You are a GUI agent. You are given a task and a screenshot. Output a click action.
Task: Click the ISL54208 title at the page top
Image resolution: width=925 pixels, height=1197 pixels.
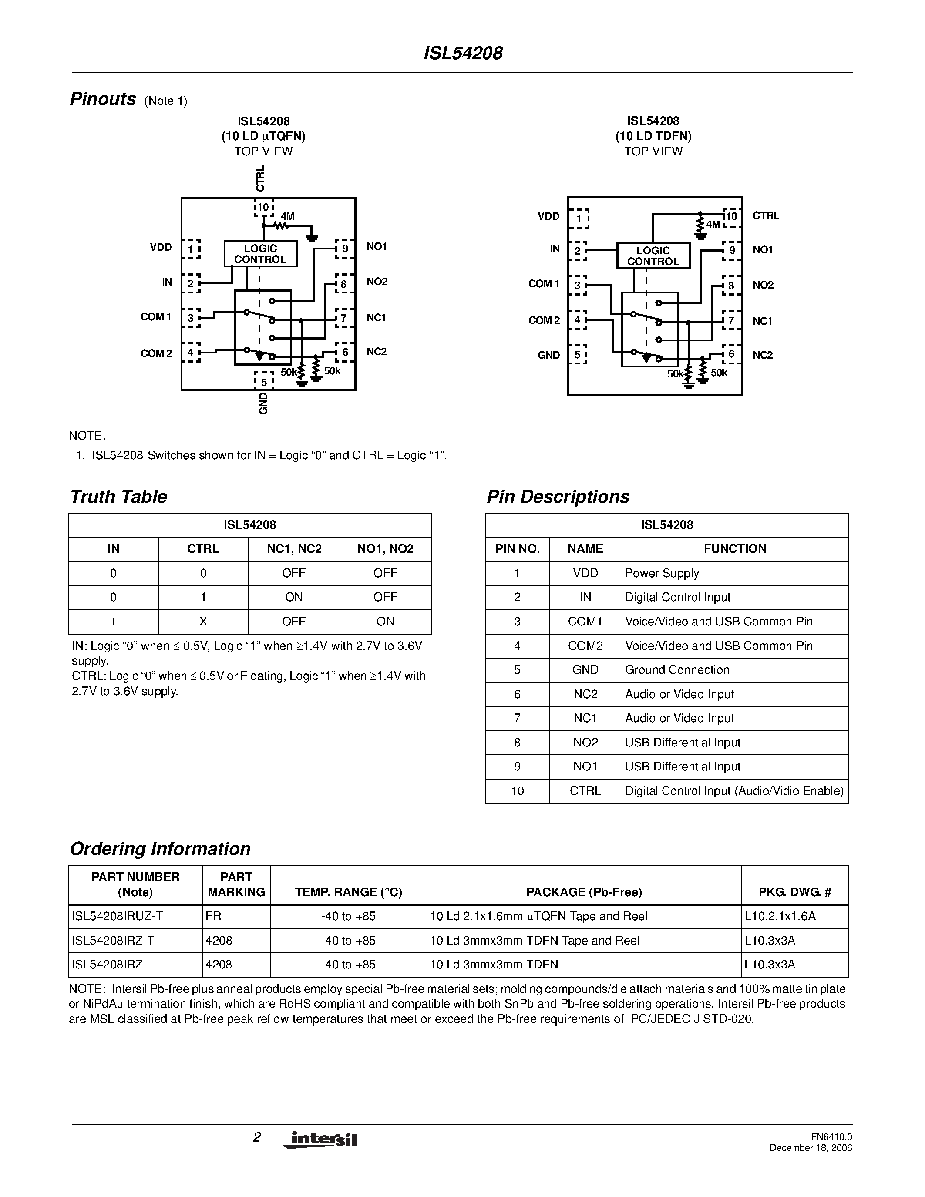point(463,53)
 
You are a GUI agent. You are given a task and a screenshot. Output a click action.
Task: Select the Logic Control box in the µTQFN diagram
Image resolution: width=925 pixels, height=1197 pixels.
point(260,254)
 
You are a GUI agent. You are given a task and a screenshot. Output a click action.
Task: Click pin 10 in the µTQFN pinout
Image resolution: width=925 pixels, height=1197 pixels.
point(264,207)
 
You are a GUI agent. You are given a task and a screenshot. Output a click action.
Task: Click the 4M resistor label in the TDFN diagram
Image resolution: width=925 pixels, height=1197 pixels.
point(713,224)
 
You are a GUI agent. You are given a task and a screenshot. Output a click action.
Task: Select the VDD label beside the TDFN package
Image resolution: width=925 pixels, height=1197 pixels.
point(548,216)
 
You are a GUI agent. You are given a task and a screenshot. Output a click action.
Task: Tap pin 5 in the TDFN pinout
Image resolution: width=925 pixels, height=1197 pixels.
point(578,355)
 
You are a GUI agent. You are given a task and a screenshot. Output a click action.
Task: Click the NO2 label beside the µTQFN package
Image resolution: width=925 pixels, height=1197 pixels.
point(377,282)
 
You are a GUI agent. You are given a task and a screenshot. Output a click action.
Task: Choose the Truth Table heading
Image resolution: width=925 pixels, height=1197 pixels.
point(118,497)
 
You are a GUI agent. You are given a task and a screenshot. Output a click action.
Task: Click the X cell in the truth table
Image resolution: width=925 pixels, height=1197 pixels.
point(203,622)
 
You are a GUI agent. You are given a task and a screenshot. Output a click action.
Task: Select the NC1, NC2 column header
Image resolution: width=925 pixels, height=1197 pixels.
point(294,548)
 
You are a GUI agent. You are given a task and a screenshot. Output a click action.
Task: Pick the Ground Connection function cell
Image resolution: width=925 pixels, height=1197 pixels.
point(677,670)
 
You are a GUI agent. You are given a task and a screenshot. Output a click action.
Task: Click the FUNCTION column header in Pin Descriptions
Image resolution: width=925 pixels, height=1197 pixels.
point(735,548)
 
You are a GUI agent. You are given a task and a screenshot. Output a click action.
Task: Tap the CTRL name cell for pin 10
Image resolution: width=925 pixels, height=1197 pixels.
point(585,791)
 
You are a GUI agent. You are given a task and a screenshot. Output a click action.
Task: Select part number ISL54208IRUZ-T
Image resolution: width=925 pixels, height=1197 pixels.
point(117,916)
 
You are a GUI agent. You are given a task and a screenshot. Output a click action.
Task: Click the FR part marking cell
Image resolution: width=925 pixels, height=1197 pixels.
point(214,916)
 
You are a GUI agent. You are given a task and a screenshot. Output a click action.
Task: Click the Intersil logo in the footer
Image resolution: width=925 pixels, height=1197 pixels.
point(320,1139)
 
